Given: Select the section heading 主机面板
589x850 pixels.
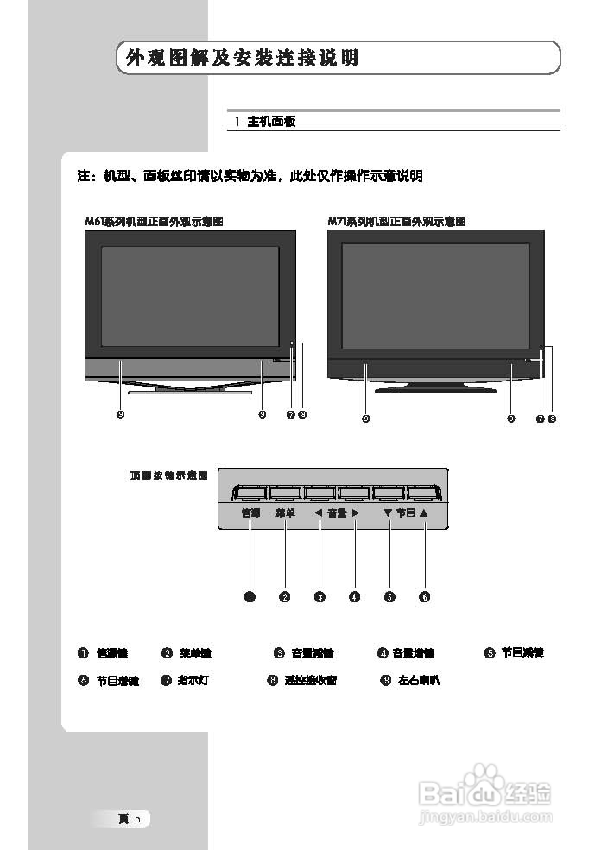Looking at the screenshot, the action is tap(271, 121).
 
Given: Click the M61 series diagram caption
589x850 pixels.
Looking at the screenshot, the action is tap(154, 221).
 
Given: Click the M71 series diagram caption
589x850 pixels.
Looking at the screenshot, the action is tap(396, 221).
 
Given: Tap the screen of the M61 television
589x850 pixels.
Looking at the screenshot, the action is tap(190, 296).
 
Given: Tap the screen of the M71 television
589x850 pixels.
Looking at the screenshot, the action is tap(436, 296).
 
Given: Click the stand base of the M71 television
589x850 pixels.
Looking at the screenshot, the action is tap(436, 389).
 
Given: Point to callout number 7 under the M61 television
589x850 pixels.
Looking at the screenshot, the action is tap(291, 415).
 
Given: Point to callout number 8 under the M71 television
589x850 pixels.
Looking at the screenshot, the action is tap(552, 419).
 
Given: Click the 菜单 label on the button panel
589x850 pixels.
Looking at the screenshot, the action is tap(285, 513).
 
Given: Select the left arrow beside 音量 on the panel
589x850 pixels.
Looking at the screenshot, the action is tap(319, 513).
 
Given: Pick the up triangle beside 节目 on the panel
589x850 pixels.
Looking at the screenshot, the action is tap(424, 513).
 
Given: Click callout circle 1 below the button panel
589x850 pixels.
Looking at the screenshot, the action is tap(250, 597).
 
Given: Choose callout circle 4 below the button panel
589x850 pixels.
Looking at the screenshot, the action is tap(355, 597).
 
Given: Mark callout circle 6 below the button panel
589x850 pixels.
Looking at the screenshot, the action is tap(424, 597).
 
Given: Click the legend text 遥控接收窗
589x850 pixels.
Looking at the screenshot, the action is tap(310, 680).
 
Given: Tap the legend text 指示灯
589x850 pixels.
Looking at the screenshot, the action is tap(193, 680).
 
